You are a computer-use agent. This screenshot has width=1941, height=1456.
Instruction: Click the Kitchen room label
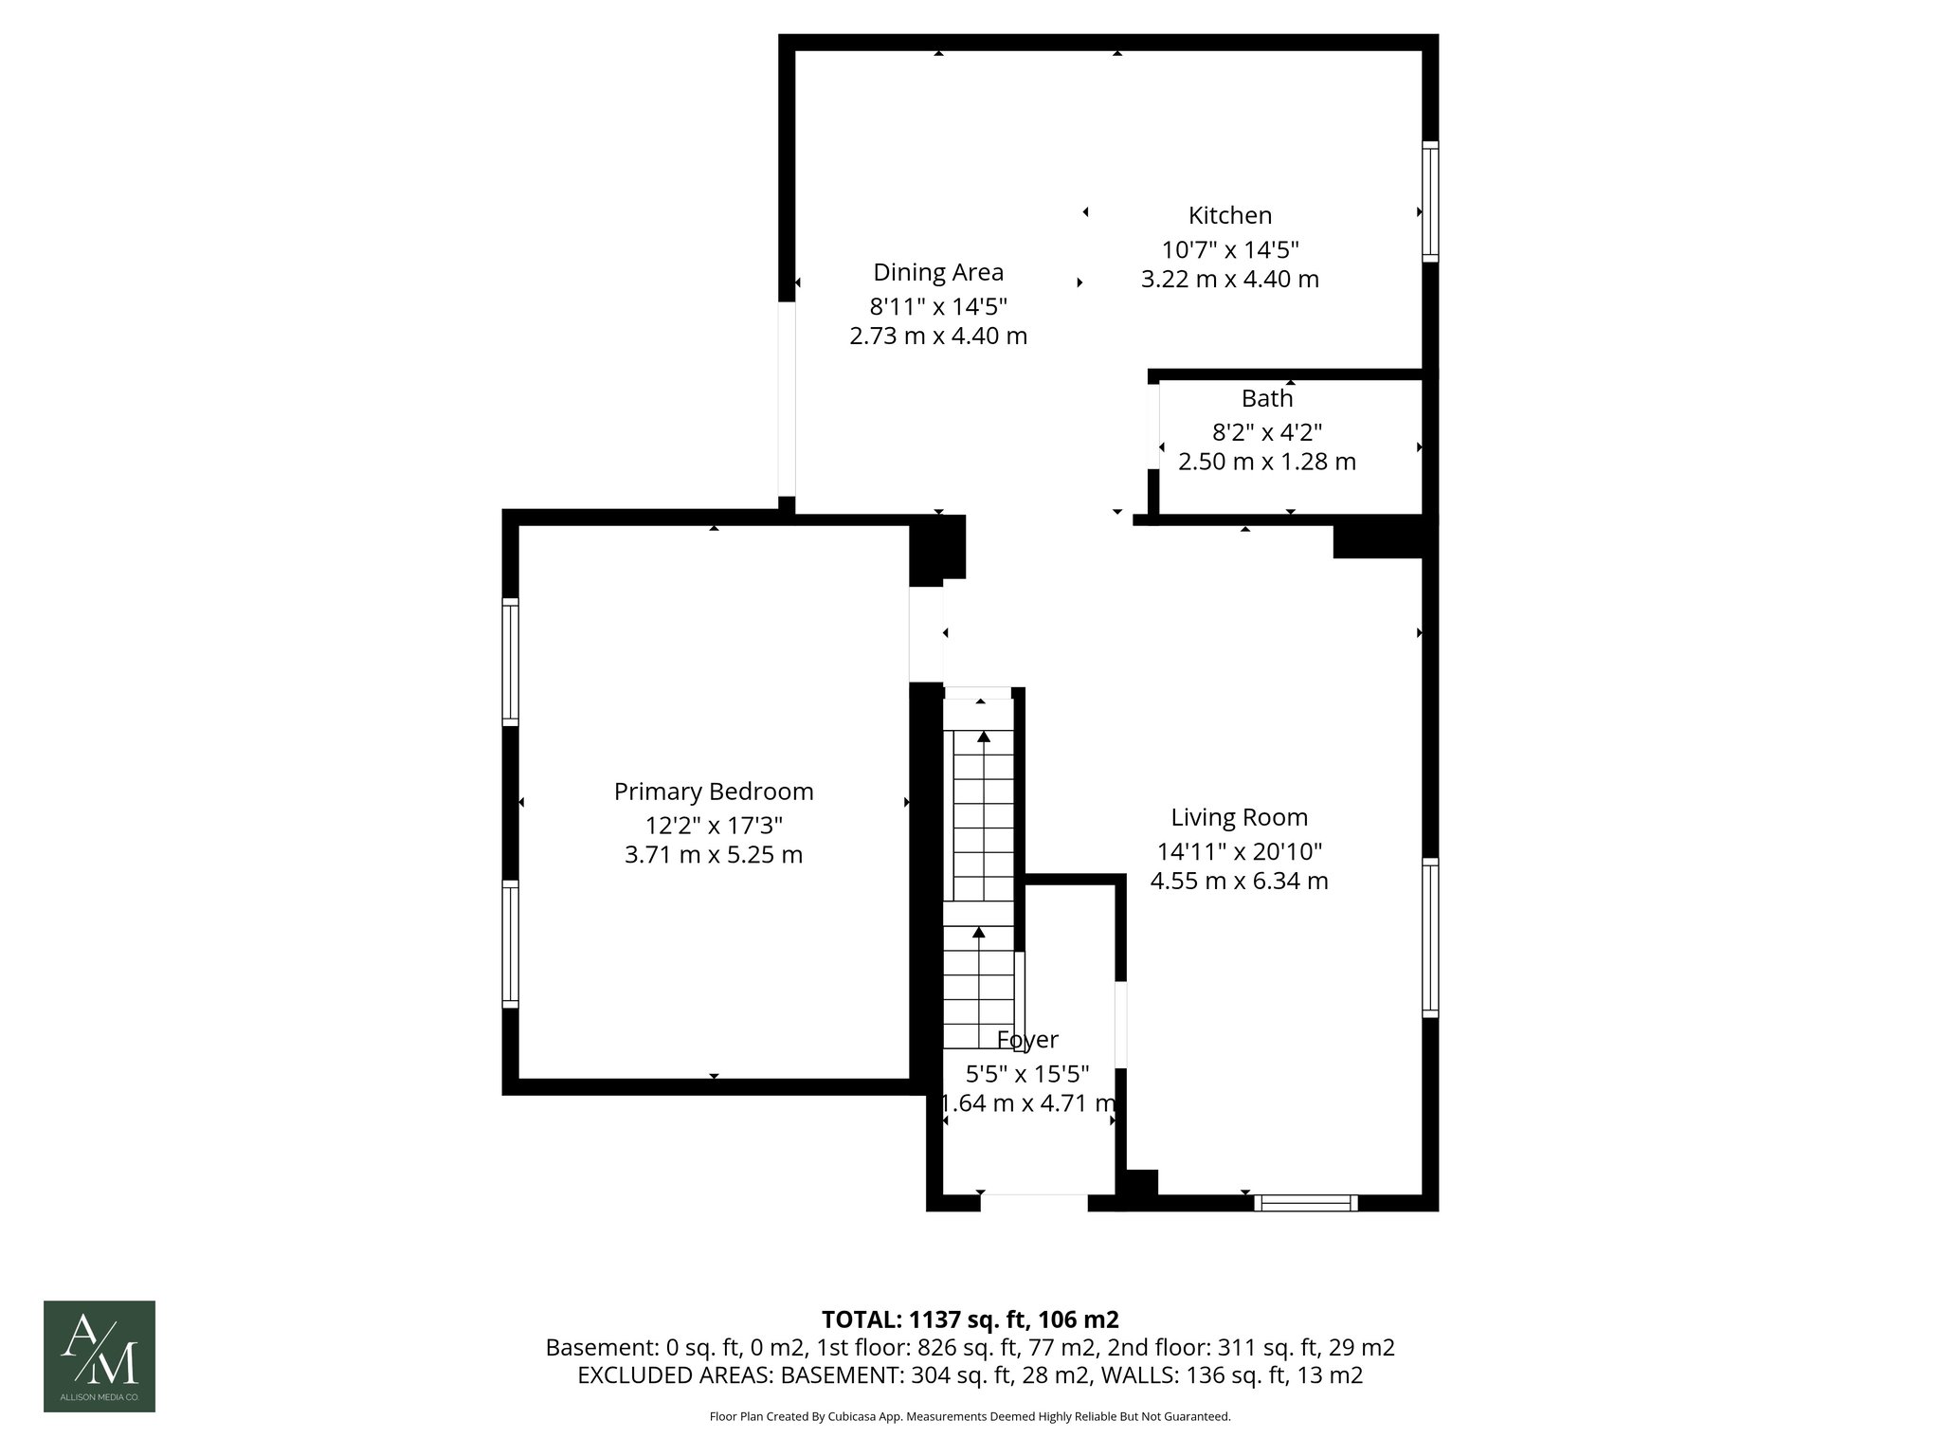[x=1229, y=215]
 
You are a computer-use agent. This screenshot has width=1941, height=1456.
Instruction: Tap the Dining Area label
[x=937, y=272]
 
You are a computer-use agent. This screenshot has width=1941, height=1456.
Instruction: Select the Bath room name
[x=1266, y=398]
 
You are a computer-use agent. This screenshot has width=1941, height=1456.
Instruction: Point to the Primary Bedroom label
[x=713, y=792]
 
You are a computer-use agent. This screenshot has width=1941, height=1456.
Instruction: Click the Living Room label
[x=1238, y=817]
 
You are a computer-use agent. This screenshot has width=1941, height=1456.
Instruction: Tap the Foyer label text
[x=1027, y=1040]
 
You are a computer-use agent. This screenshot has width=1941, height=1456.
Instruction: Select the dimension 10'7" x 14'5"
[x=1229, y=250]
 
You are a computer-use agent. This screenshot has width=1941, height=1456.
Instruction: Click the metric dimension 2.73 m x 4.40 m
[x=937, y=336]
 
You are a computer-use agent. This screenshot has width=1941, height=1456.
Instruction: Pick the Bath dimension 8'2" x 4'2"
[x=1266, y=432]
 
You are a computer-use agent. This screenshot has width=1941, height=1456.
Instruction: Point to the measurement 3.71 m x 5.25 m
[x=713, y=855]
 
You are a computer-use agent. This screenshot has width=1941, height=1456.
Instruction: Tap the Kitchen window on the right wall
[x=1430, y=201]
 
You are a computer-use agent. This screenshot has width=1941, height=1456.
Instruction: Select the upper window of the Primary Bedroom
[x=511, y=662]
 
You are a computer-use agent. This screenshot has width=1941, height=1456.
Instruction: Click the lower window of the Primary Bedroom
[x=511, y=943]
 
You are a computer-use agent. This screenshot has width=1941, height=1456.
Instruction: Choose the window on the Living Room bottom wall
[x=1305, y=1203]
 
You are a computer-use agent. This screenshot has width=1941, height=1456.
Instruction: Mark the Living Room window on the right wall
[x=1430, y=937]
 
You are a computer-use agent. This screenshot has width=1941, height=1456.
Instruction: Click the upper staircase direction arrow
[x=984, y=736]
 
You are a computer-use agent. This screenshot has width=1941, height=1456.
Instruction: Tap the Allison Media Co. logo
[x=100, y=1356]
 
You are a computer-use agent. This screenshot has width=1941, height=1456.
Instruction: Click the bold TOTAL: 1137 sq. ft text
[x=970, y=1319]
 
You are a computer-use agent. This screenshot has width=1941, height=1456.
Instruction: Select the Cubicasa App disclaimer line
[x=970, y=1417]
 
